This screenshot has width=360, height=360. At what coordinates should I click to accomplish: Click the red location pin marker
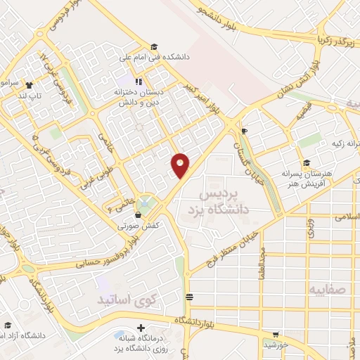pos(181,165)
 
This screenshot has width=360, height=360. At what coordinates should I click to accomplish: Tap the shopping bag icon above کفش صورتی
pos(139,214)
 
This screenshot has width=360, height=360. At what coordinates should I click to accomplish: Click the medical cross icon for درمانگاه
pos(141,328)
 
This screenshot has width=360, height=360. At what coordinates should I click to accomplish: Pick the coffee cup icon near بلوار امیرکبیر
pos(244,131)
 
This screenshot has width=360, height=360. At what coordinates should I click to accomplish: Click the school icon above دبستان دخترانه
pos(139,81)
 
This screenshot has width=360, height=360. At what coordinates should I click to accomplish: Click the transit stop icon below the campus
pos(188,297)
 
